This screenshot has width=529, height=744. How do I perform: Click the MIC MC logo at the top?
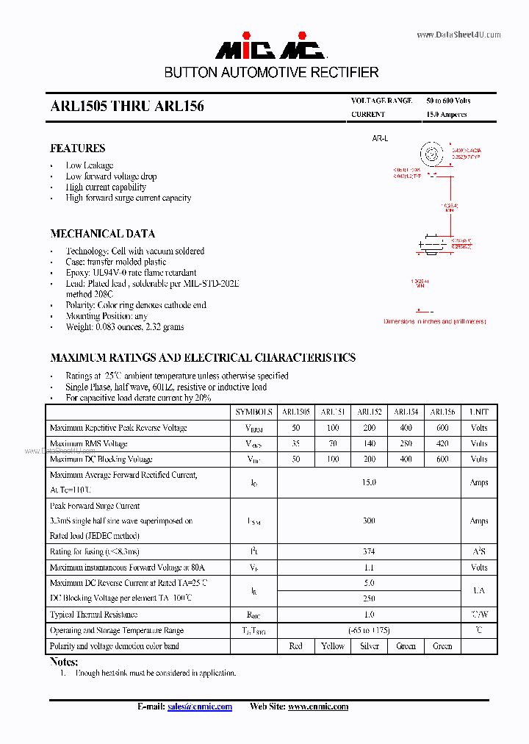(270, 49)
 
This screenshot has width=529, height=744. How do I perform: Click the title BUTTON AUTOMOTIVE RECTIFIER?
(271, 73)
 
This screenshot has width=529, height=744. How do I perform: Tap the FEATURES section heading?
(77, 148)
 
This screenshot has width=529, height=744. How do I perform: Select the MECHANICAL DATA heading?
(102, 233)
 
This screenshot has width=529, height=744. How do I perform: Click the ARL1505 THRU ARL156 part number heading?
(127, 107)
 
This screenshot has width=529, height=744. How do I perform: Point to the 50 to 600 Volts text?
(448, 101)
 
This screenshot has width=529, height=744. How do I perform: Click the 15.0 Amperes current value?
(446, 115)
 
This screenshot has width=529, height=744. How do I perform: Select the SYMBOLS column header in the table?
(253, 412)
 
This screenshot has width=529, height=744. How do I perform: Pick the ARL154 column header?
(406, 412)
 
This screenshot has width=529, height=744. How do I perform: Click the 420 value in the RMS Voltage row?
(442, 443)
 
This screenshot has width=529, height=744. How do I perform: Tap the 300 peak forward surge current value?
(369, 521)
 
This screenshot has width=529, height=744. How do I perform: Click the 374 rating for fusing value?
(369, 551)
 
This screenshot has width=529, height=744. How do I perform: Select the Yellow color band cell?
(333, 645)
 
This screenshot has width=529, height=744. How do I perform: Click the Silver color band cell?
(369, 645)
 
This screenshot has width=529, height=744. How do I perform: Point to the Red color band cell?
(296, 645)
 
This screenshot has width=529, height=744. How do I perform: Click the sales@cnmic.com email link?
(199, 707)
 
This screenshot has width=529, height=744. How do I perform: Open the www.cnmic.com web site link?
(317, 707)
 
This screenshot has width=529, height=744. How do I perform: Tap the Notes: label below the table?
(63, 662)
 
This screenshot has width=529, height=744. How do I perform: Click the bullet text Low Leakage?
(89, 165)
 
